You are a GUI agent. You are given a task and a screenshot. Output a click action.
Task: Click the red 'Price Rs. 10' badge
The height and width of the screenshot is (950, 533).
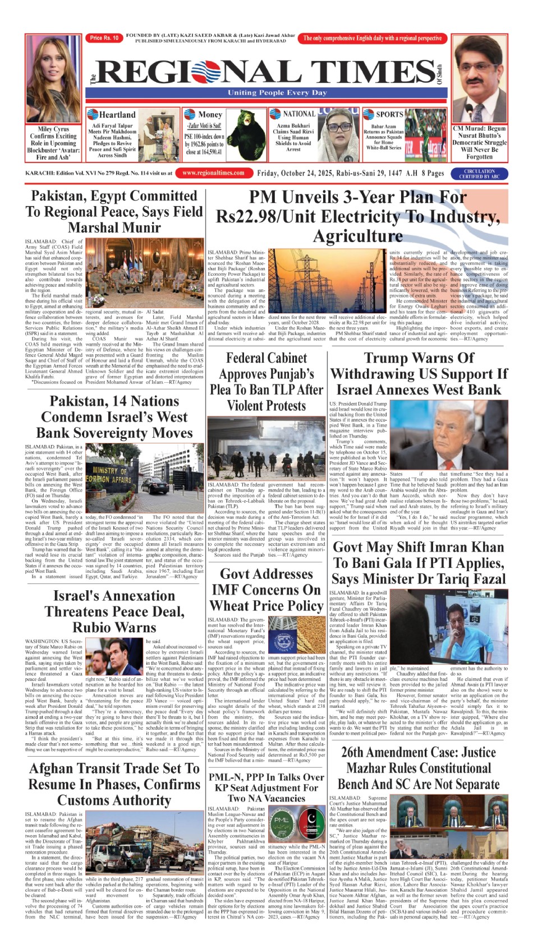(104, 38)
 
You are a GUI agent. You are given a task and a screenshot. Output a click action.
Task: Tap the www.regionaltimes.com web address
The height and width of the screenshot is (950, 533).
(213, 173)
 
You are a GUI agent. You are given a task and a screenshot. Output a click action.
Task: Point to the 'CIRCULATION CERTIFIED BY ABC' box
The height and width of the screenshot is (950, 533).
(479, 174)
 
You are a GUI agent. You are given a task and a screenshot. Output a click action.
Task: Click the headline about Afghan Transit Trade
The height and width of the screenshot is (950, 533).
(114, 784)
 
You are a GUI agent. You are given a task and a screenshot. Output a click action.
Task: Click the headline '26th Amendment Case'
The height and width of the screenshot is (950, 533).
(418, 767)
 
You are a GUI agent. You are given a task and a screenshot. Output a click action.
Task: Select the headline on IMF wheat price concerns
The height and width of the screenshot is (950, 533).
(266, 590)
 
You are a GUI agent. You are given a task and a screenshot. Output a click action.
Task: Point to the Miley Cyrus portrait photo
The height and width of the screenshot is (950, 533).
(53, 79)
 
